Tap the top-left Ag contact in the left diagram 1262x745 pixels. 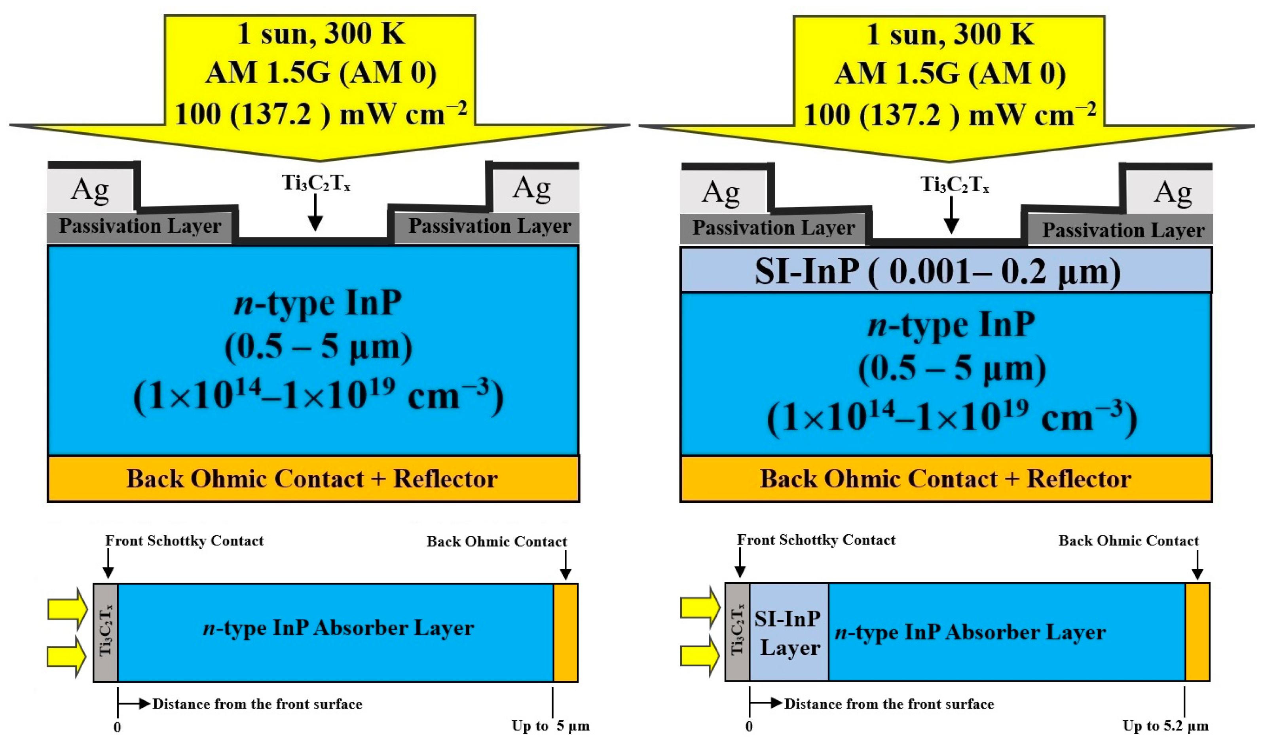point(90,190)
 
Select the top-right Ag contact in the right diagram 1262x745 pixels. point(1172,192)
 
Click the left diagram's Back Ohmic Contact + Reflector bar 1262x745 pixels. point(313,478)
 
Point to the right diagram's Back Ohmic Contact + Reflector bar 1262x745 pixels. point(945,478)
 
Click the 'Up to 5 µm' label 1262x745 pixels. point(550,726)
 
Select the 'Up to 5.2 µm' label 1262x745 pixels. point(1165,726)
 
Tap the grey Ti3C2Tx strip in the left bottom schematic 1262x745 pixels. point(105,632)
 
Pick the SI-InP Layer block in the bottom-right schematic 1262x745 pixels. point(788,632)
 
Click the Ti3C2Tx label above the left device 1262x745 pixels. point(316,183)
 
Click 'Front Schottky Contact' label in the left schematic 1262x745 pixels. point(184,541)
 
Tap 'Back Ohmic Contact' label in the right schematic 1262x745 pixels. point(1129,541)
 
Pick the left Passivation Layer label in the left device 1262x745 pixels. point(140,227)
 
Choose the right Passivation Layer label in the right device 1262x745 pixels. point(1123,231)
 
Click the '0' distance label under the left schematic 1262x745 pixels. point(118,727)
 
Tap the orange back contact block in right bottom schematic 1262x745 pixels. point(1197,632)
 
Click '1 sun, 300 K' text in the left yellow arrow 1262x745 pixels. point(321,34)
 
